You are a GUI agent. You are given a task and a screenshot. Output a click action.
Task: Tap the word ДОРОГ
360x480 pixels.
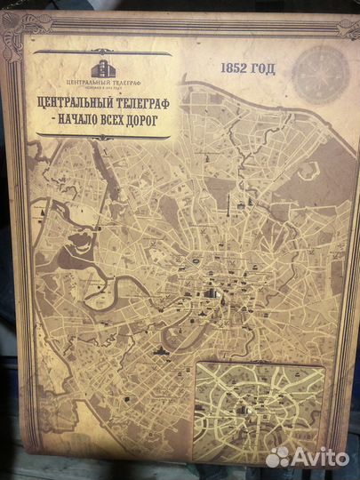pos(144,119)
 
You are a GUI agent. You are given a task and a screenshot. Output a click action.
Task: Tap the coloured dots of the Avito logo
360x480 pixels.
pos(278,457)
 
